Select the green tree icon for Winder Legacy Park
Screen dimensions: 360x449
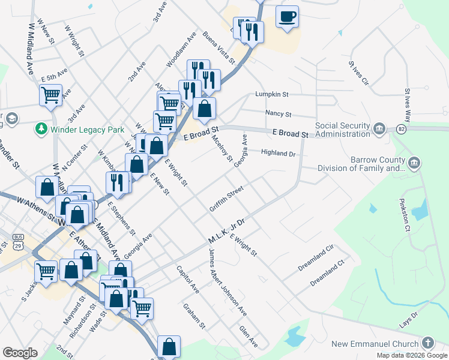point(41,128)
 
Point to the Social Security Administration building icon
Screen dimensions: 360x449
point(379,128)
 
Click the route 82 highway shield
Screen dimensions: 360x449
point(400,129)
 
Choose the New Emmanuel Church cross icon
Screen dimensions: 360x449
point(427,343)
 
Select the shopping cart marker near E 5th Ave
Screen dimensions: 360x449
point(50,94)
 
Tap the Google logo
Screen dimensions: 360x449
point(20,353)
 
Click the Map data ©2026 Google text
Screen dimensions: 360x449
point(412,355)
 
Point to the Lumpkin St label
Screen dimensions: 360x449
point(272,94)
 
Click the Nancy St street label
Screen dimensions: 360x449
point(278,113)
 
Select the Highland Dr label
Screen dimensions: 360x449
point(279,153)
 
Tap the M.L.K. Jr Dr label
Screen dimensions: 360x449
point(226,231)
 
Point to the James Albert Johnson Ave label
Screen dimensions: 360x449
point(227,283)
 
